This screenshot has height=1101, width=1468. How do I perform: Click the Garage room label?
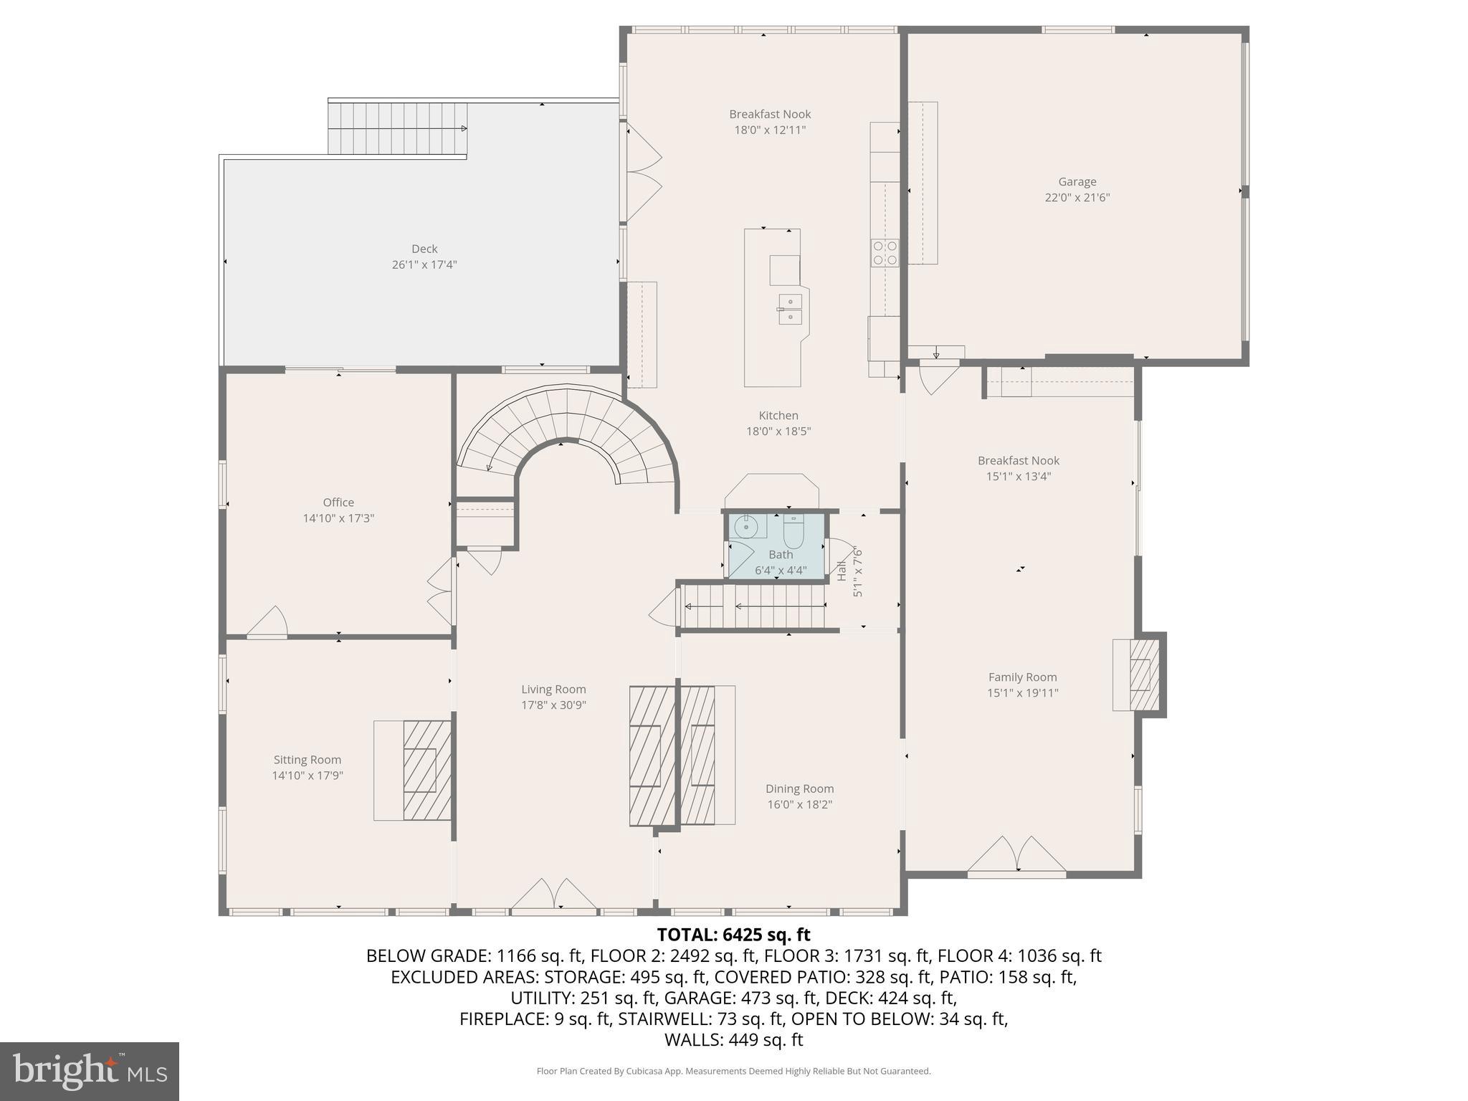pos(1077,182)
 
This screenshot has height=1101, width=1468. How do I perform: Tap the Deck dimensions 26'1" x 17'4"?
pos(424,264)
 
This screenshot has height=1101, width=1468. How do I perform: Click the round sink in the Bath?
pos(746,527)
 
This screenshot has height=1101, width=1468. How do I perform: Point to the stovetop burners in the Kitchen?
pos(885,253)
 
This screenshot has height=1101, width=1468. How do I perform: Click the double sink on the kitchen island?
pos(790,310)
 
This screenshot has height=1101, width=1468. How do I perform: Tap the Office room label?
pos(338,502)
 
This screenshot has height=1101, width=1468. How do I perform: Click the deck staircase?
pos(397,128)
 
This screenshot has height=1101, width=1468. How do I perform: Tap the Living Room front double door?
pos(553,896)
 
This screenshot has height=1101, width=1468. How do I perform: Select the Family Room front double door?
pos(1016,856)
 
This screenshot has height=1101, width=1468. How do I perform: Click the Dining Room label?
pos(799,788)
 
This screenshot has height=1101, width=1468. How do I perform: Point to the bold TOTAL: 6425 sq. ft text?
pos(733,935)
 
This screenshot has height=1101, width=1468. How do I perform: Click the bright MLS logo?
pos(89,1071)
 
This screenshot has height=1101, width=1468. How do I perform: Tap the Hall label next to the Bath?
pos(842,571)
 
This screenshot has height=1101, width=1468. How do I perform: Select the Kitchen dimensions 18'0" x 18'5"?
pos(778,432)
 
